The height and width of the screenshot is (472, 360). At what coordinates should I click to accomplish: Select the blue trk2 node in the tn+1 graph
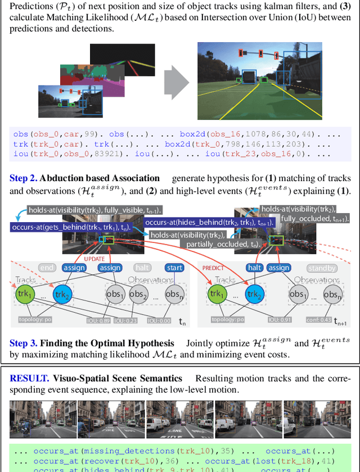[x=254, y=294]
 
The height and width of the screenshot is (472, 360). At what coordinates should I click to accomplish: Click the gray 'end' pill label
[x=48, y=268]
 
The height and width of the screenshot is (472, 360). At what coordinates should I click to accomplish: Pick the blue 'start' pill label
[x=174, y=268]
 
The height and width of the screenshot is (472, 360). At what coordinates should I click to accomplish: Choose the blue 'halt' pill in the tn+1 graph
[x=256, y=268]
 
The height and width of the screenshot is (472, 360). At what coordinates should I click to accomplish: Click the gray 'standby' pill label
[x=321, y=268]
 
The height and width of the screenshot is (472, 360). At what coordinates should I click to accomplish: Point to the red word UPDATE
[x=94, y=258]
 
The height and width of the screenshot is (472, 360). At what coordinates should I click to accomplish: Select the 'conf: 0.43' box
[x=319, y=321]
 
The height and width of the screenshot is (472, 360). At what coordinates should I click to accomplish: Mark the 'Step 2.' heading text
[x=24, y=178]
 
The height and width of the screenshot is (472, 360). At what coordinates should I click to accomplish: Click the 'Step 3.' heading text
[x=24, y=343]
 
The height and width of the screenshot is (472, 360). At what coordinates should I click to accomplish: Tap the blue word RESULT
[x=25, y=378]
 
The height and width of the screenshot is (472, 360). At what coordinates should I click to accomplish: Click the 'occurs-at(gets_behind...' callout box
[x=70, y=227]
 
